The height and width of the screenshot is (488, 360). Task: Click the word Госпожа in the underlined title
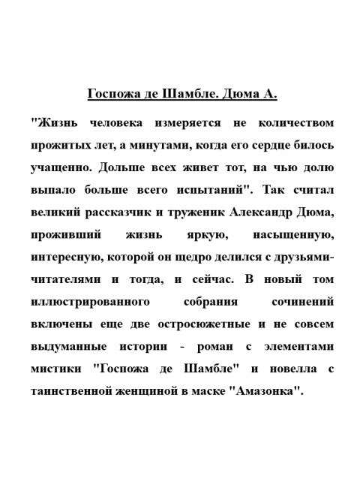point(113,95)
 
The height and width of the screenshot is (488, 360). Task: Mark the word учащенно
point(62,163)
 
